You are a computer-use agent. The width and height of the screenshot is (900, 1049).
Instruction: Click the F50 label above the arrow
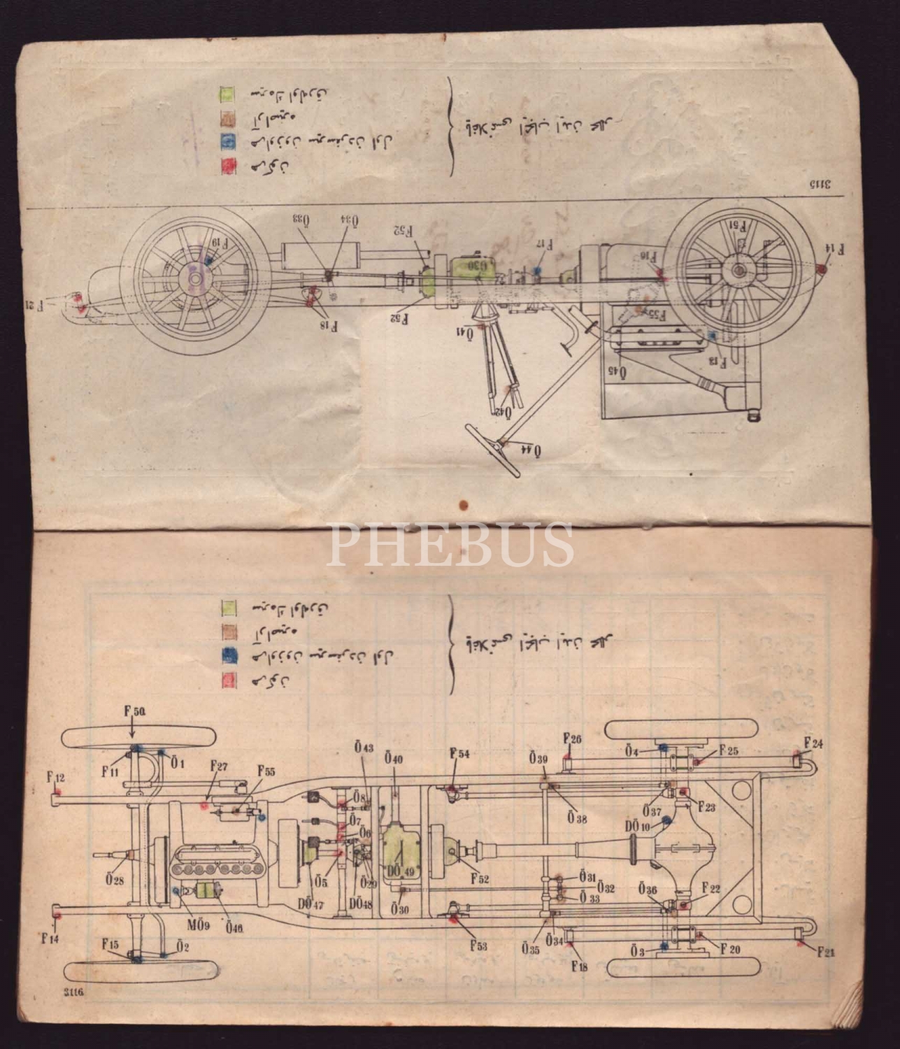(134, 711)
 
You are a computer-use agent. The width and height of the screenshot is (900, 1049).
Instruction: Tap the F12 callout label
(55, 776)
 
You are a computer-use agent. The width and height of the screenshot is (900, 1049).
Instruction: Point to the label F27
(219, 766)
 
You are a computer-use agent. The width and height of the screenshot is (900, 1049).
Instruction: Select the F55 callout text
(266, 771)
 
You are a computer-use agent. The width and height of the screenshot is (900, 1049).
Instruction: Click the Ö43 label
(364, 748)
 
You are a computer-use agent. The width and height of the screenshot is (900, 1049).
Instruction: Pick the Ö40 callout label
(394, 759)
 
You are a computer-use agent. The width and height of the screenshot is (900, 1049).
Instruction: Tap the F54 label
(459, 754)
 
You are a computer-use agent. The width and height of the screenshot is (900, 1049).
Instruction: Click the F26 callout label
(572, 739)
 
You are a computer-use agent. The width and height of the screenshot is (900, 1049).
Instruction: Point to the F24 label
(813, 743)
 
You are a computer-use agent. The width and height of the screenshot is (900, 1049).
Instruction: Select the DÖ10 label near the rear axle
(638, 827)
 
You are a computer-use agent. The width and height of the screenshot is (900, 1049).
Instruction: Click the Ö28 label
(115, 880)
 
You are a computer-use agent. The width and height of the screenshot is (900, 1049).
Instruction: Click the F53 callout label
(478, 946)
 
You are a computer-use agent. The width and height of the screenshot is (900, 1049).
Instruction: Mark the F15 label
(110, 944)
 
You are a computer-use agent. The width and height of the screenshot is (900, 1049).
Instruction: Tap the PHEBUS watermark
(450, 545)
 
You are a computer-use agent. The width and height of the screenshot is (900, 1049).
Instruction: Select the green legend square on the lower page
(229, 606)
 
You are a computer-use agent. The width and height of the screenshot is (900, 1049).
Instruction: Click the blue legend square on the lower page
(229, 657)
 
